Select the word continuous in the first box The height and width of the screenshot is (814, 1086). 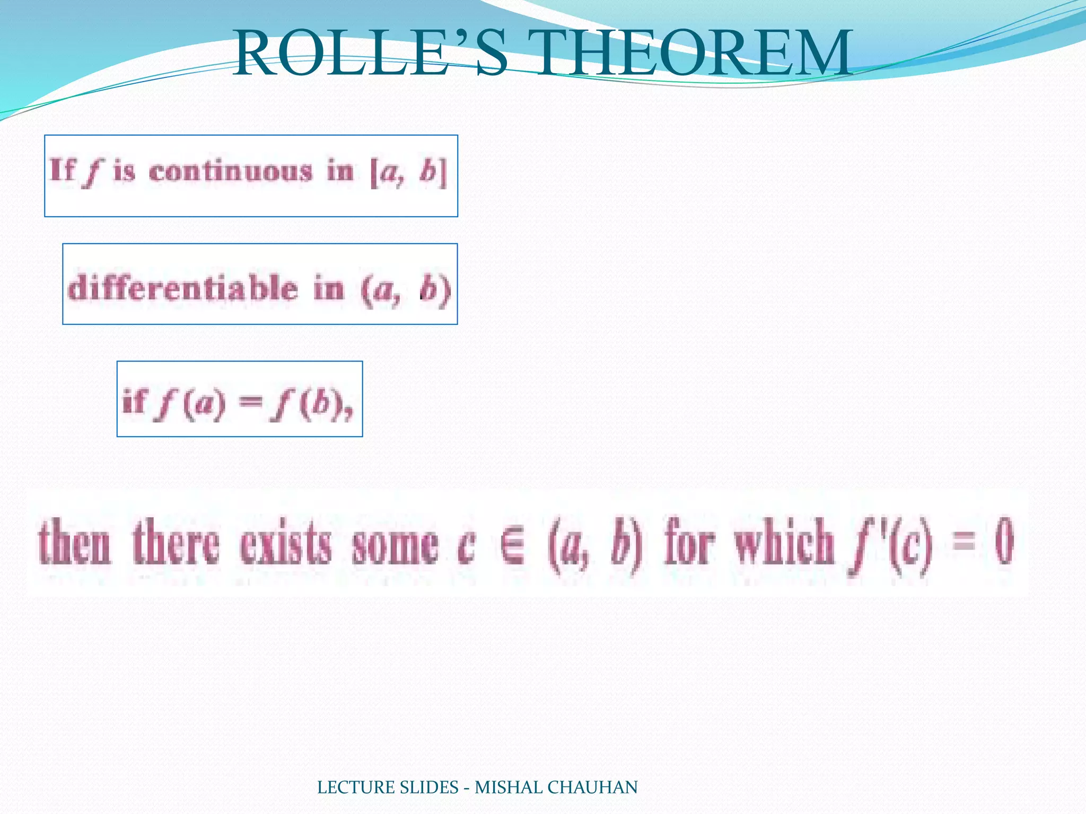(231, 172)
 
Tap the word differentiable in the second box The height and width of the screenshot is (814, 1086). (183, 289)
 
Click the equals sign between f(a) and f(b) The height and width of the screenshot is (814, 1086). (250, 403)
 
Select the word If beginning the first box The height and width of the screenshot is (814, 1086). (63, 171)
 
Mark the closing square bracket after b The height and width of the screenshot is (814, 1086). (443, 172)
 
